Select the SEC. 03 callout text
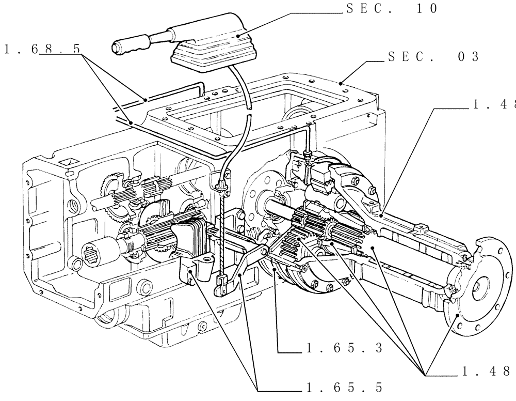point(433,57)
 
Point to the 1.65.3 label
point(343,348)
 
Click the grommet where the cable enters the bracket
point(222,186)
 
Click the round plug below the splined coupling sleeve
point(76,266)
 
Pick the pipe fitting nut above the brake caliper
point(308,153)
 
